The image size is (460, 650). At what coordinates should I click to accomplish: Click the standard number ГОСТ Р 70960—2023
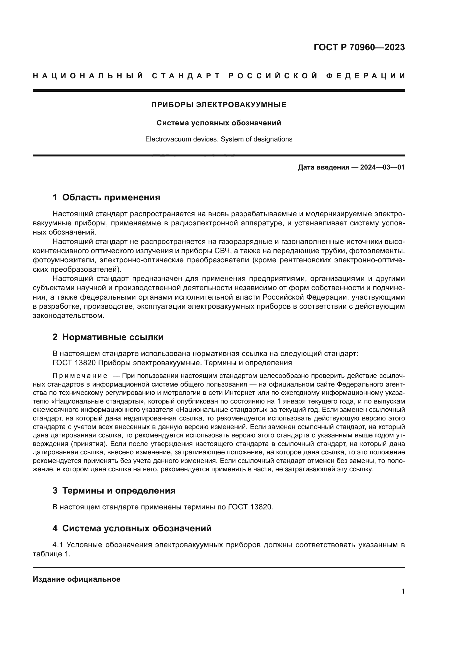click(x=359, y=47)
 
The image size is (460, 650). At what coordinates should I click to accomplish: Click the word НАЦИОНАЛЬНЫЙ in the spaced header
click(x=88, y=76)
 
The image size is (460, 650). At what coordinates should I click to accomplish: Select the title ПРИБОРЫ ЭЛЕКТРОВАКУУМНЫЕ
click(x=219, y=105)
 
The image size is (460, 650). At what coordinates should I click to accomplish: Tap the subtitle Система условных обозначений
click(x=219, y=123)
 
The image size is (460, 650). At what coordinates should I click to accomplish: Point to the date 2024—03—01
click(x=382, y=167)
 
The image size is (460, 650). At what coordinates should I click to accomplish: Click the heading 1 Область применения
click(x=106, y=197)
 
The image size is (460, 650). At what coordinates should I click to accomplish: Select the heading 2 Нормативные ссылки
click(x=108, y=337)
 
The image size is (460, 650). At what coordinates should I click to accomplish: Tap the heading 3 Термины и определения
click(x=114, y=490)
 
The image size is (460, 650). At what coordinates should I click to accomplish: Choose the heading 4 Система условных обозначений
click(x=132, y=528)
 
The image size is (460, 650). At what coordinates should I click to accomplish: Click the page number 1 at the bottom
click(x=403, y=591)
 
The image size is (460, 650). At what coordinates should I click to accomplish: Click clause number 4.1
click(x=58, y=545)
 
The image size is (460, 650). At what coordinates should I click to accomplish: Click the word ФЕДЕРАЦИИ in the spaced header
click(x=366, y=76)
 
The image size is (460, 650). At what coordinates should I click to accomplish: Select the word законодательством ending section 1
click(x=68, y=315)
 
